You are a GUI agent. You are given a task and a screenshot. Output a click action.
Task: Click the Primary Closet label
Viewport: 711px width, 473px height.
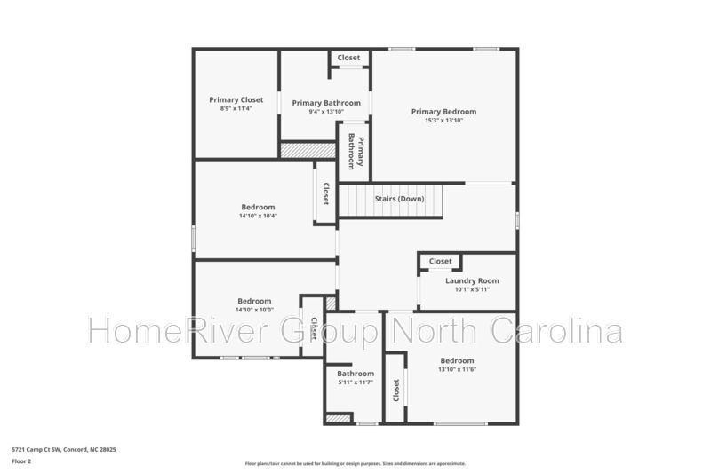(x=236, y=99)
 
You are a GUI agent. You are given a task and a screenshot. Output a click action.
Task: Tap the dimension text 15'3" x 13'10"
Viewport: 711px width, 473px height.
(x=443, y=121)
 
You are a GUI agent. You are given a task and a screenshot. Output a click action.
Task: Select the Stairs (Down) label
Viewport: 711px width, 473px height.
(x=399, y=199)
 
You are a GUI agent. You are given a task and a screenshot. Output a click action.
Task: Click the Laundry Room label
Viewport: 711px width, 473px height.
(x=472, y=280)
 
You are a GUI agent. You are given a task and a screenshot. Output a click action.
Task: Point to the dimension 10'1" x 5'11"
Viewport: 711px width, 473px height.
(x=472, y=289)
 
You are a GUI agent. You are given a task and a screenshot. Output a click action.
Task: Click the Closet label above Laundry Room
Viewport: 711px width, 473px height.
(x=440, y=261)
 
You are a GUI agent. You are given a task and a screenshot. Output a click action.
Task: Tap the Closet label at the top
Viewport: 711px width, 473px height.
(x=348, y=58)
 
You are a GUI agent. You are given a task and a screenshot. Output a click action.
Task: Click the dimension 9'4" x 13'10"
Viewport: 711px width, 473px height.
(x=326, y=112)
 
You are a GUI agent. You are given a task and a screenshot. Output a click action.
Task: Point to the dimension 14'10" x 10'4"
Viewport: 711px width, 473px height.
(x=258, y=216)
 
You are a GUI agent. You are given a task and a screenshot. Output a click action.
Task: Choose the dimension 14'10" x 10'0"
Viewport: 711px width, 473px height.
(x=254, y=310)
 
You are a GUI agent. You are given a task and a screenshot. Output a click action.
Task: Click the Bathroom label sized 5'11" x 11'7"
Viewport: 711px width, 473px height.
(x=355, y=374)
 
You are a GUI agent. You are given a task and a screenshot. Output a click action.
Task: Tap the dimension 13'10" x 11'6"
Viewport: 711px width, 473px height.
(x=457, y=369)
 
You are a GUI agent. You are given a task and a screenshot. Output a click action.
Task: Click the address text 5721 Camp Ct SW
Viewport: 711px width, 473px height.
(x=36, y=449)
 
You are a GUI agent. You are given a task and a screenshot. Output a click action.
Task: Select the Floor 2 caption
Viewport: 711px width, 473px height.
(x=21, y=461)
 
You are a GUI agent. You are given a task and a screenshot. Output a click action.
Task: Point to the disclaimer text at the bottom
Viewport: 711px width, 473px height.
(x=355, y=463)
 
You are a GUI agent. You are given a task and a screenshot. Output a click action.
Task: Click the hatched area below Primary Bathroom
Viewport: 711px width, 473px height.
(x=308, y=150)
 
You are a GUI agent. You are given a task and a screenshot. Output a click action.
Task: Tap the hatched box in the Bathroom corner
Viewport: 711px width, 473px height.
(x=339, y=419)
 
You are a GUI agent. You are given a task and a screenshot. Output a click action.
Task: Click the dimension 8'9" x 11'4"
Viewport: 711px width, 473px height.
(x=236, y=108)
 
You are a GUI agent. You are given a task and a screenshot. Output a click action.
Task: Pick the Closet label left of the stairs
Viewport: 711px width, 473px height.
(x=325, y=193)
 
